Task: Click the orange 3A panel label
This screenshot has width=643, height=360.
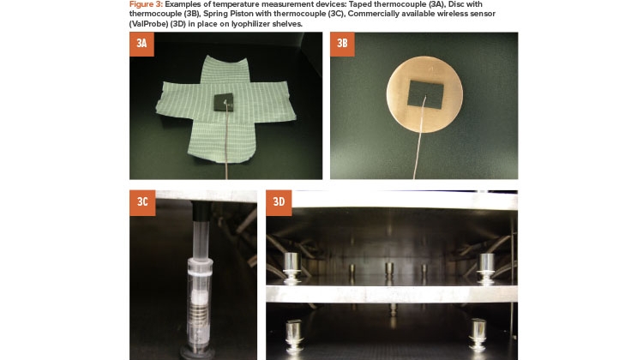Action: (141, 44)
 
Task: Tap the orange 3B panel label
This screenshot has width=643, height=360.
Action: (342, 44)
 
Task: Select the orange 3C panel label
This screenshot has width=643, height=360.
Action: (142, 202)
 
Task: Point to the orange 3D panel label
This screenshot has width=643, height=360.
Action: (279, 202)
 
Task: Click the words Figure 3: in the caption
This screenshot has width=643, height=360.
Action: (146, 4)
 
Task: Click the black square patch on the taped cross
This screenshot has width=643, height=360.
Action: (224, 102)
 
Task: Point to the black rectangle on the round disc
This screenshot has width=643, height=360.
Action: (425, 94)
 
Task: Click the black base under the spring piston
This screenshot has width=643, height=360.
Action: (197, 352)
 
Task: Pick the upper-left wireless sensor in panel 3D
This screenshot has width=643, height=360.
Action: (291, 267)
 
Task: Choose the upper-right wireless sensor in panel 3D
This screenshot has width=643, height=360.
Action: (486, 268)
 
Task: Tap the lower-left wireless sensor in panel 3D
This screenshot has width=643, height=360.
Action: (294, 336)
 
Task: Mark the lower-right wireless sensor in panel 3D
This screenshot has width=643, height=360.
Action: (478, 334)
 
